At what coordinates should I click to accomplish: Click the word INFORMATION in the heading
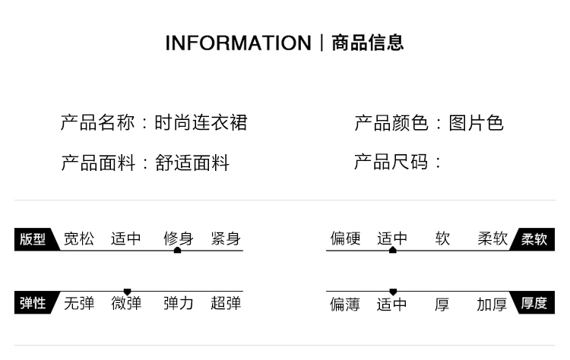click(x=238, y=43)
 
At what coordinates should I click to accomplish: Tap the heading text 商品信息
click(x=367, y=43)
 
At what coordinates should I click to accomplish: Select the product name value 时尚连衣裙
click(x=201, y=123)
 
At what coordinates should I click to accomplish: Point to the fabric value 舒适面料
click(x=192, y=163)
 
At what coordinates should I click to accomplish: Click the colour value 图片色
click(x=476, y=123)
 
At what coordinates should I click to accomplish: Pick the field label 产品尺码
click(x=391, y=162)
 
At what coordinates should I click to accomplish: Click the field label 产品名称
click(x=97, y=123)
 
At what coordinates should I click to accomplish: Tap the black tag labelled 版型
click(x=33, y=239)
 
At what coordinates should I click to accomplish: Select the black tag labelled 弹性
click(x=33, y=303)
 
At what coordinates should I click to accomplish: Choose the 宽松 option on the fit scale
click(x=79, y=238)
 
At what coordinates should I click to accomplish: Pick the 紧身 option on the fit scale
click(x=226, y=238)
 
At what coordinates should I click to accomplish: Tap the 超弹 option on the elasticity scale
click(x=226, y=304)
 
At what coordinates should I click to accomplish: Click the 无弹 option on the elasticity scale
click(x=79, y=304)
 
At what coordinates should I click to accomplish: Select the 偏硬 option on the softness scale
click(x=345, y=238)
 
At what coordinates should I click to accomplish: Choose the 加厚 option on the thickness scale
click(x=492, y=305)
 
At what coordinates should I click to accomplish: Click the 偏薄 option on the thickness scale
click(x=345, y=305)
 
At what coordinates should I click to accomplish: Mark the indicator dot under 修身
click(x=178, y=249)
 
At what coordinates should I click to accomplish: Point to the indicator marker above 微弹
click(x=127, y=292)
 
